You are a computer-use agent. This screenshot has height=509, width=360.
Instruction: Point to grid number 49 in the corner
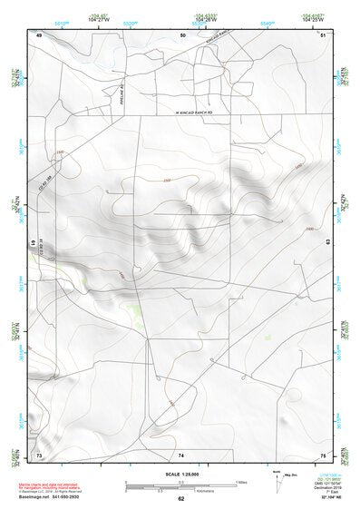tap(39, 34)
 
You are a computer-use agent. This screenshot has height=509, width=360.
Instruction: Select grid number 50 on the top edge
tap(181, 34)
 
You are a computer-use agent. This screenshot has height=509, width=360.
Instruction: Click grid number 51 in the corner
tap(324, 34)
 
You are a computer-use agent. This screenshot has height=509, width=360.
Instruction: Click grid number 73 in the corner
tap(39, 454)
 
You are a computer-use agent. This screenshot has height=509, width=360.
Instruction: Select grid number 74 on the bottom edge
tap(181, 454)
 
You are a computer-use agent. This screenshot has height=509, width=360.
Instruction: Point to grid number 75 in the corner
tap(324, 454)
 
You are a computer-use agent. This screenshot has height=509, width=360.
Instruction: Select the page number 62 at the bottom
tap(181, 498)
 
